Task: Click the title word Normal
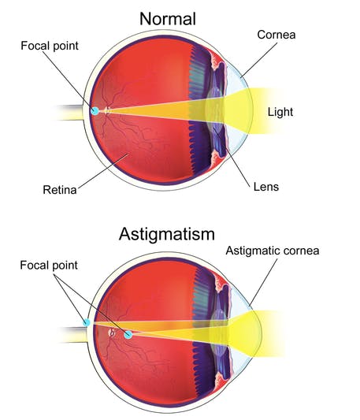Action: [168, 19]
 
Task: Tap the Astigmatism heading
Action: [166, 234]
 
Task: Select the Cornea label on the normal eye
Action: [276, 35]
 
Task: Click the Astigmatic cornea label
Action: [273, 251]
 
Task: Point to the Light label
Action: [280, 112]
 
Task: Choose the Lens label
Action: [266, 187]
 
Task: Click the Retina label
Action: [60, 190]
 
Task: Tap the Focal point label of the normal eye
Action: [50, 46]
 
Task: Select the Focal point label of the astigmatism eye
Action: [49, 266]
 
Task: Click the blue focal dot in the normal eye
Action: [95, 110]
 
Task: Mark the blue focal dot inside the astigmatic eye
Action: [128, 335]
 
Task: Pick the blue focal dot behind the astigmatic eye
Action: [86, 322]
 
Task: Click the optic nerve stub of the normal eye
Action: [69, 113]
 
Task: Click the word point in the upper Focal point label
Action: [65, 46]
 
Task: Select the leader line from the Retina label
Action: [103, 170]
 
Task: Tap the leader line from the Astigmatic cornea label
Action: [263, 282]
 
